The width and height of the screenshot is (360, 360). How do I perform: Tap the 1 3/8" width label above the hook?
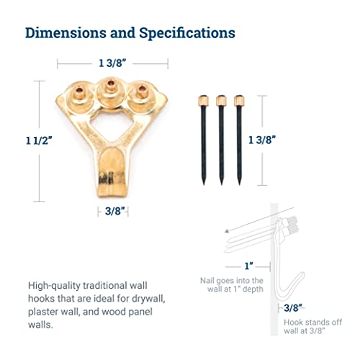coord(112,63)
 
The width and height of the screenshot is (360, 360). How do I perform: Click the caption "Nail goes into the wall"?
coord(232,284)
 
